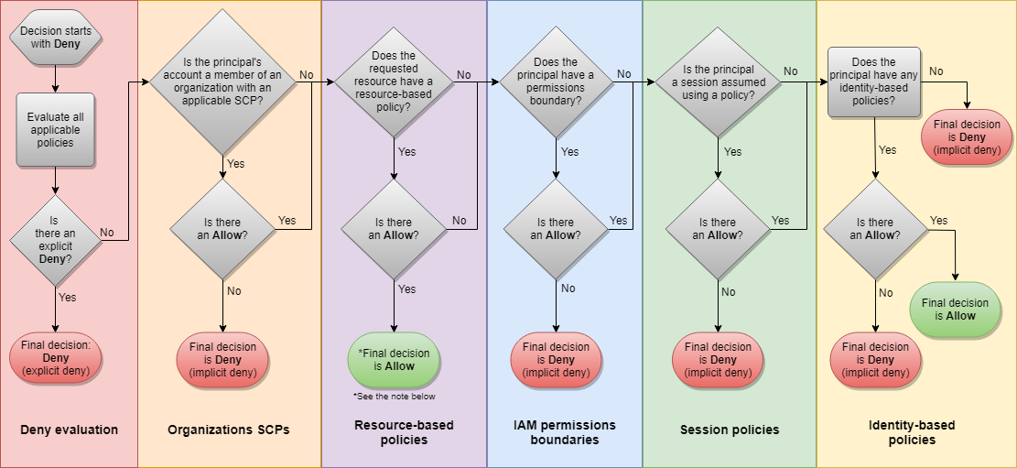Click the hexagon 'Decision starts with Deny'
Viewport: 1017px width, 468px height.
[x=56, y=38]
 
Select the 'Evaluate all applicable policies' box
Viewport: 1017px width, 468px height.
[x=56, y=130]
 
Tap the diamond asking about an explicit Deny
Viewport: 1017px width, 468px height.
[x=56, y=240]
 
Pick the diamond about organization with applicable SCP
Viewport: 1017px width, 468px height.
[x=224, y=82]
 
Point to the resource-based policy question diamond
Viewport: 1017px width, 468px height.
[x=394, y=82]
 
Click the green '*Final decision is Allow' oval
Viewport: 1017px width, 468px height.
[x=394, y=359]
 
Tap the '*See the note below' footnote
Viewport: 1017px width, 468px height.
[x=394, y=397]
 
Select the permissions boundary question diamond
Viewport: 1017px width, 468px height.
[x=557, y=82]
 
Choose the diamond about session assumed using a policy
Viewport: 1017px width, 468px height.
[x=718, y=82]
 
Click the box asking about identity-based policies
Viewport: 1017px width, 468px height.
[x=874, y=82]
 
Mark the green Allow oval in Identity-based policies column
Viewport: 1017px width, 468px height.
[x=955, y=309]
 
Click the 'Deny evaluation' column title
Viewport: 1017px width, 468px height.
[x=69, y=430]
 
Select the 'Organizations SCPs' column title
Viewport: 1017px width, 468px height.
[x=229, y=430]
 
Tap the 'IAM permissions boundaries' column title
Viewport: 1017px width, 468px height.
[x=565, y=432]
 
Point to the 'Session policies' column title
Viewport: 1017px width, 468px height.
[x=730, y=430]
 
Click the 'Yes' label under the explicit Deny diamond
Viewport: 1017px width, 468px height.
[x=68, y=298]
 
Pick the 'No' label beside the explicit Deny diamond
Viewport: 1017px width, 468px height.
[x=107, y=233]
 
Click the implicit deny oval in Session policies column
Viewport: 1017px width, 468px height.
[x=718, y=359]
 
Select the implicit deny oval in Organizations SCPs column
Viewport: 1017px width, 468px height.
[x=223, y=359]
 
